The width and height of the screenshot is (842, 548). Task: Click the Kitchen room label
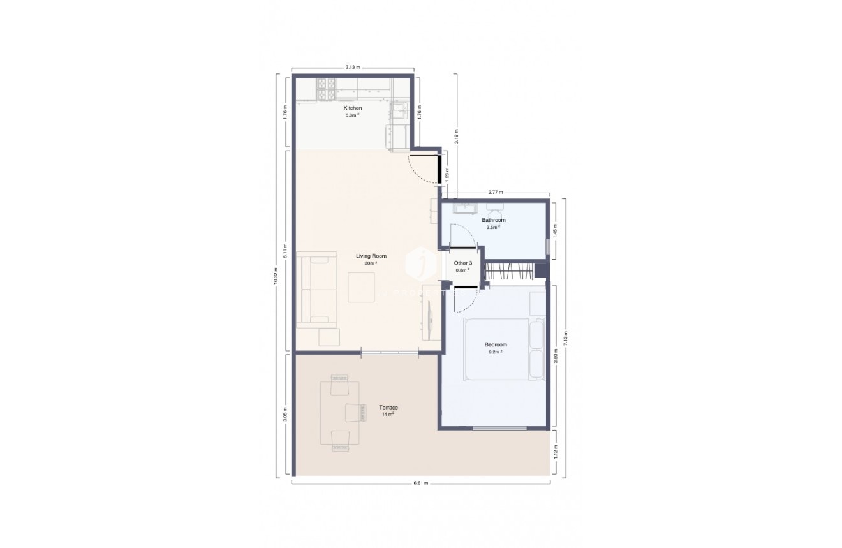point(353,108)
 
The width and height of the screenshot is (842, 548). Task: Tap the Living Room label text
point(371,256)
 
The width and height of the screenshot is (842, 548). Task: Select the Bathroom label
point(493,220)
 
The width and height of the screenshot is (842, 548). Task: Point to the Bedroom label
point(496,344)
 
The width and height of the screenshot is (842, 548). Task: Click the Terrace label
point(388,408)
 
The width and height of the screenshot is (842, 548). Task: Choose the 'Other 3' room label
point(462,263)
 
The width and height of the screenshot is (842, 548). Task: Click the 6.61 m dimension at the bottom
point(420,484)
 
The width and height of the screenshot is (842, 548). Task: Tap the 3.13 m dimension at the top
point(352,67)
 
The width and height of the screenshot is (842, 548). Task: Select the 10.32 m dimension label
point(276,276)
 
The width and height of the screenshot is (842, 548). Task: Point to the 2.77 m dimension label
point(496,191)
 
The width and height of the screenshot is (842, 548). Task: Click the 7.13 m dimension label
point(565,338)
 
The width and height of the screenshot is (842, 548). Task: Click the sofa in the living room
point(317,290)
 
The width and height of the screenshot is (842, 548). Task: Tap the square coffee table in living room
point(362,287)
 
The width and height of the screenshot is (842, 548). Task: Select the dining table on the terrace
point(339,413)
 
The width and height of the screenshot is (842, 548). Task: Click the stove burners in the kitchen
point(327,89)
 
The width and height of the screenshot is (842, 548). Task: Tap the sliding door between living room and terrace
point(390,352)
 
